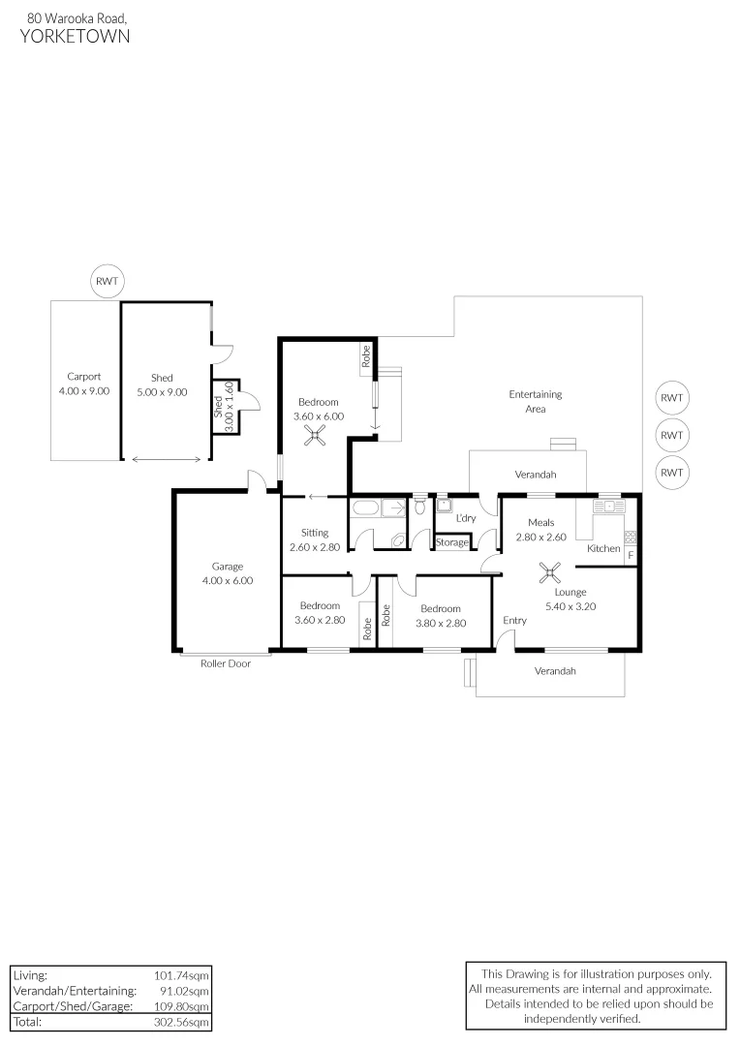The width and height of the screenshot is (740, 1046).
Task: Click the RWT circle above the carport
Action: [x=107, y=282]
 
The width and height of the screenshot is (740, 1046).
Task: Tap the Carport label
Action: [x=83, y=377]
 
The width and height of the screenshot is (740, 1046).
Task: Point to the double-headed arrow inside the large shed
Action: [x=167, y=459]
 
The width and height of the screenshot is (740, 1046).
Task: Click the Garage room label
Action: [x=228, y=567]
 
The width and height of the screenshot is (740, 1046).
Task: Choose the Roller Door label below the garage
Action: [x=225, y=663]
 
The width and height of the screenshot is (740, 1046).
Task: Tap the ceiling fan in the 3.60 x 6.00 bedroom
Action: [x=314, y=439]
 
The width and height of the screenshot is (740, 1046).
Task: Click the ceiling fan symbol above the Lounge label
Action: [x=550, y=571]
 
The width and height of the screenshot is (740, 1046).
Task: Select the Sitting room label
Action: [x=315, y=533]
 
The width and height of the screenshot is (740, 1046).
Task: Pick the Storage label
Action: [x=451, y=542]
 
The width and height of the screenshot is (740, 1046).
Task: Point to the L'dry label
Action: [x=466, y=518]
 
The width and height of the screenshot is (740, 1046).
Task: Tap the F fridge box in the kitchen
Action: [x=630, y=555]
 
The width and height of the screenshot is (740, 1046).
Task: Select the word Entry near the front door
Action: [x=514, y=621]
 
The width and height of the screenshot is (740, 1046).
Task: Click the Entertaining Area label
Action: [x=536, y=401]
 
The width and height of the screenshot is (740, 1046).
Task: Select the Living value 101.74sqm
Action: [x=182, y=975]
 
